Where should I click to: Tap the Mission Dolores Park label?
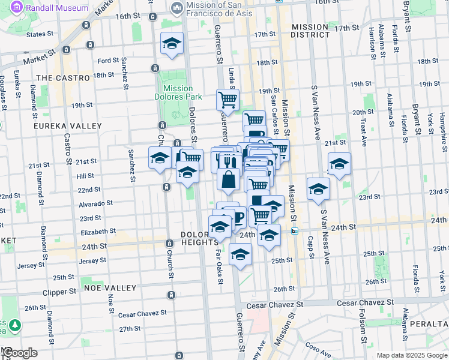click(178, 92)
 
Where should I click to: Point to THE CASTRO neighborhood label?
click(62, 78)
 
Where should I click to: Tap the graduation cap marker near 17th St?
click(172, 44)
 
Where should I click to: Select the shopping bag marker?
click(229, 180)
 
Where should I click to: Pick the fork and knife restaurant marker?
click(232, 163)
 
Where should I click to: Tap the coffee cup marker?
click(237, 218)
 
